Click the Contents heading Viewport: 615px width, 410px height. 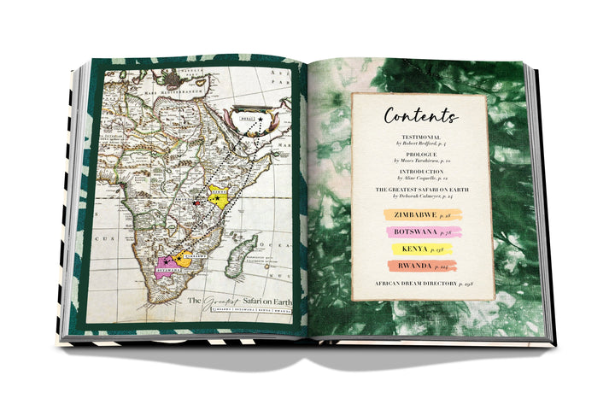pyautogui.click(x=420, y=115)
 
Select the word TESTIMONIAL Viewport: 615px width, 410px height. pyautogui.click(x=420, y=137)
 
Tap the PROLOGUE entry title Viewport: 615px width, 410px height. pyautogui.click(x=420, y=155)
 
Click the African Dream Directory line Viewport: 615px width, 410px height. pyautogui.click(x=420, y=284)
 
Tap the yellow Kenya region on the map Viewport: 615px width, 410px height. pyautogui.click(x=221, y=197)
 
